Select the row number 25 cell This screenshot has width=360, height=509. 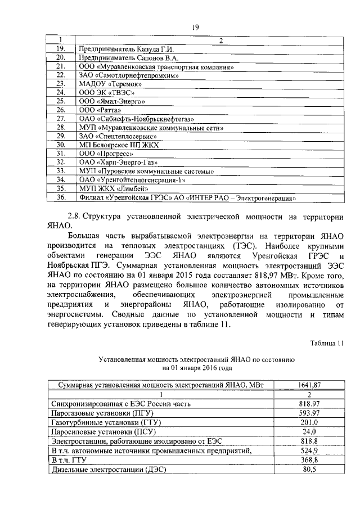coord(62,101)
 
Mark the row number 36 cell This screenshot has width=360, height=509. coord(62,197)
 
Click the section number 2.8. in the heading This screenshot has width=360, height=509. coord(74,217)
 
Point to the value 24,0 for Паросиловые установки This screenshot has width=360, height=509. coord(307,431)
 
